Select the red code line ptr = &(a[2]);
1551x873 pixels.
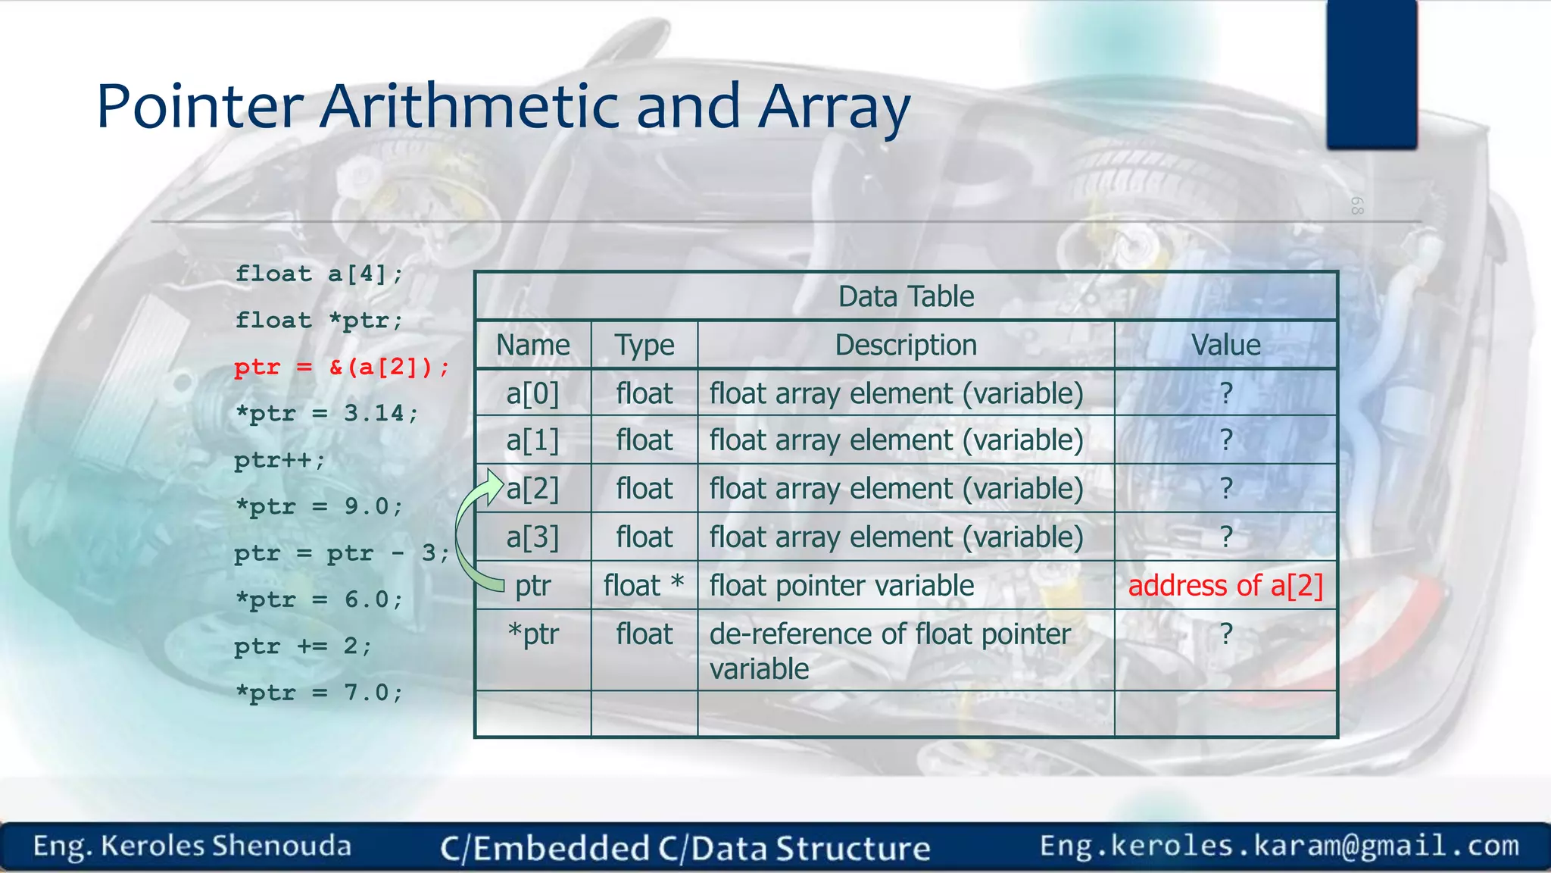[342, 368]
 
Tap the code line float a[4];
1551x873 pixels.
[319, 274]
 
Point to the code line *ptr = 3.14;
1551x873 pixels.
[326, 414]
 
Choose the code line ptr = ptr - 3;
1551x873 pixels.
[342, 553]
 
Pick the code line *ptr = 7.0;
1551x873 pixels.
[319, 693]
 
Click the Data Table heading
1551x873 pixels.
[906, 296]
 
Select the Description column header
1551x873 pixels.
[906, 346]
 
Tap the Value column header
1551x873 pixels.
[1225, 346]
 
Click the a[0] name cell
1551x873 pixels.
[532, 394]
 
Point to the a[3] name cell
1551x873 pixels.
[532, 537]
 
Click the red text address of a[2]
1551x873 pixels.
[1225, 586]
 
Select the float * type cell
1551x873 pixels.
[644, 586]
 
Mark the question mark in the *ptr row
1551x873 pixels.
[1226, 634]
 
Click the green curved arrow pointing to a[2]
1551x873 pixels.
[466, 530]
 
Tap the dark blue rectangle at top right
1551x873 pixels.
[1372, 74]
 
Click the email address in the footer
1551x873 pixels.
[1279, 846]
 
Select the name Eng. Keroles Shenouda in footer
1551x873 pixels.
[192, 846]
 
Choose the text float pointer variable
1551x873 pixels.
[841, 586]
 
